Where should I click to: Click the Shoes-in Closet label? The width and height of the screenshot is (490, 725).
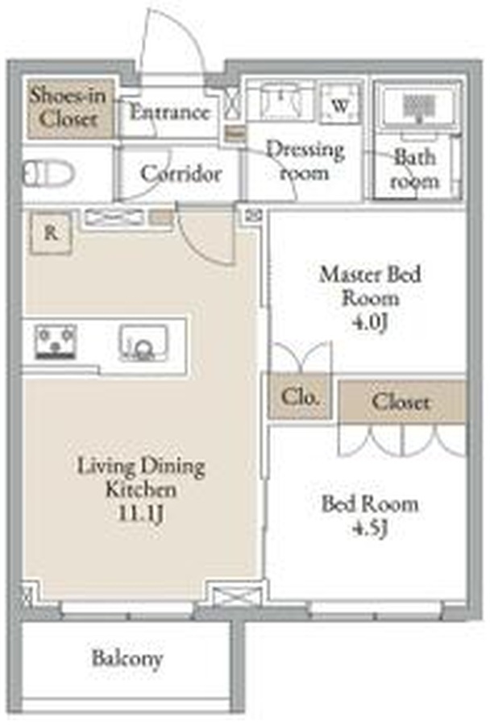click(68, 107)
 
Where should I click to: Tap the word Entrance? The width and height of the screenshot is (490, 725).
click(169, 112)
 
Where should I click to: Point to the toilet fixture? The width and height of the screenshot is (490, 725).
click(48, 173)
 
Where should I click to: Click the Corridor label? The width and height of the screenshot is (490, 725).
click(181, 174)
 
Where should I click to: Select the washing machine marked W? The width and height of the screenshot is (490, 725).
click(341, 104)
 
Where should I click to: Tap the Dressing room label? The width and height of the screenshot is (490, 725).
click(305, 161)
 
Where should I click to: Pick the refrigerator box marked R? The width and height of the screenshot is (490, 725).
click(51, 233)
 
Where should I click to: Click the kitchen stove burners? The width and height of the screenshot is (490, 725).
click(56, 342)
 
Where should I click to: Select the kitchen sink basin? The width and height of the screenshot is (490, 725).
click(143, 342)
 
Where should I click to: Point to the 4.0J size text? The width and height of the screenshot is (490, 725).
click(369, 322)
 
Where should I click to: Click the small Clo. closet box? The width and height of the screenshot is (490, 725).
click(300, 396)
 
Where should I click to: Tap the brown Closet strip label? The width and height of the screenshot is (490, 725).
click(401, 401)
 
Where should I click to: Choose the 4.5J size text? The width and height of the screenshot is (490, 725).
click(369, 528)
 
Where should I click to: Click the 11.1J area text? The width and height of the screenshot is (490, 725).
click(141, 514)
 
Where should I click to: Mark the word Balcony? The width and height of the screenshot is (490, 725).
click(127, 658)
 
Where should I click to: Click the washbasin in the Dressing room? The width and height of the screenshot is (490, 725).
click(280, 98)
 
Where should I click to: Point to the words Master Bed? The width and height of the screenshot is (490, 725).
click(370, 274)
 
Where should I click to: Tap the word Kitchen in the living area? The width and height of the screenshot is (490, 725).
click(141, 489)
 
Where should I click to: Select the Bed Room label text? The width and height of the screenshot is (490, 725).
click(370, 504)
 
